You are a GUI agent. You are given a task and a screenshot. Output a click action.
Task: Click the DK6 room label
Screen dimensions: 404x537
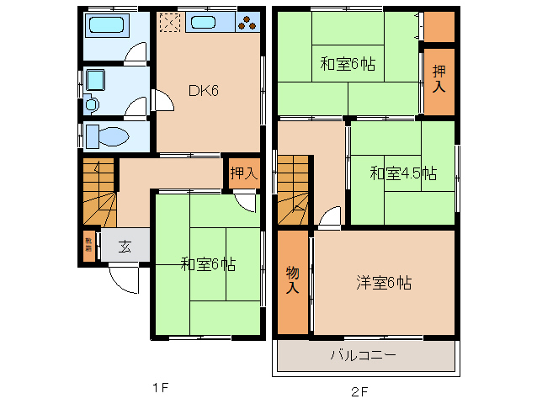click(202, 91)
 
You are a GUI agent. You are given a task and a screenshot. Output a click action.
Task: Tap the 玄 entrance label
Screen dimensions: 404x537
click(124, 247)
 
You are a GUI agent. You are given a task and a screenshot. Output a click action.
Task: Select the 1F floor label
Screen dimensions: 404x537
click(161, 388)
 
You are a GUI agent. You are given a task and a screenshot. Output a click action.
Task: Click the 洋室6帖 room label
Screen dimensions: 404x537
click(383, 284)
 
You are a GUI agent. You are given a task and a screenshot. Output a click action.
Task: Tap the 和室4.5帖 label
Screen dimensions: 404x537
click(403, 174)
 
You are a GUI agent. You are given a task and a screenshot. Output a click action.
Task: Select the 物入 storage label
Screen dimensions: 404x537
click(292, 280)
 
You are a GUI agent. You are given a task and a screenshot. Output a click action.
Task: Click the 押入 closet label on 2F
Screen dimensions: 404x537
click(439, 78)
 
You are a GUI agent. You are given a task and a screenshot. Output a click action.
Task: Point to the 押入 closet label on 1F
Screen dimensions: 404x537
click(244, 174)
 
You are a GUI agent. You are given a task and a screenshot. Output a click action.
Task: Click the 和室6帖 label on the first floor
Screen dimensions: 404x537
click(207, 264)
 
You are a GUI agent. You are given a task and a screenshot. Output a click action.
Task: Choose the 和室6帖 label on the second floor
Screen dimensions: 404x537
click(347, 63)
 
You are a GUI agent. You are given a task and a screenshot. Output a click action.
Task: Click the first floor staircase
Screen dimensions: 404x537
click(98, 194)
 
